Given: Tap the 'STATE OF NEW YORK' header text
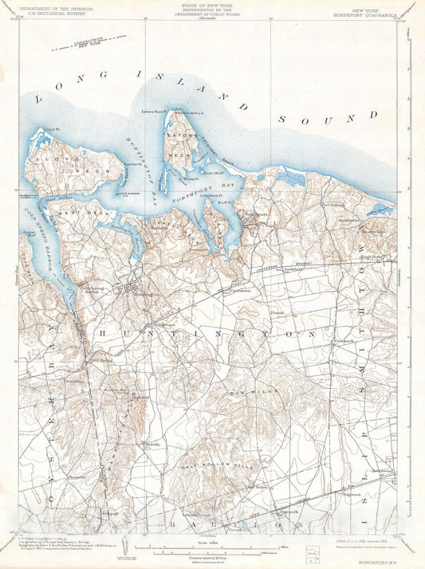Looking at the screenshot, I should [x=212, y=5].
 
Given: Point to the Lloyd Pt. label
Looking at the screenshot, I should [x=53, y=128].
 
